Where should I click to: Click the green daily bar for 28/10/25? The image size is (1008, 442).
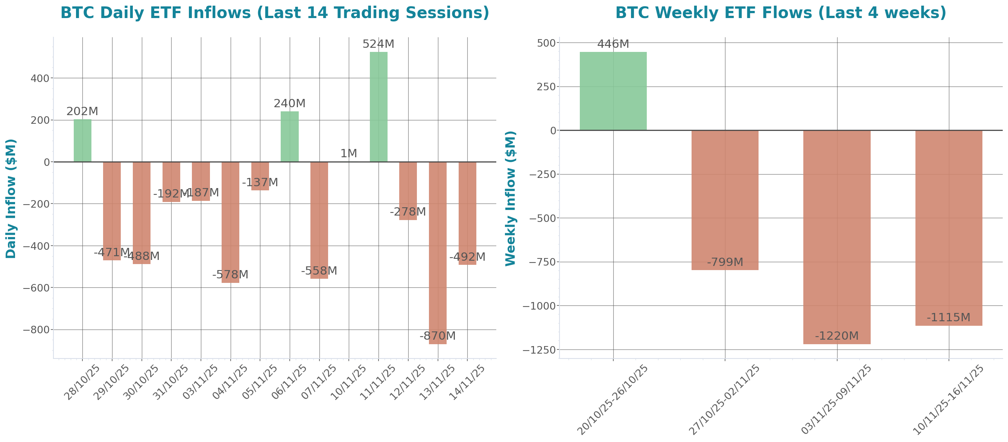point(82,140)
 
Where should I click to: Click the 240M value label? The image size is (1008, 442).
point(289,104)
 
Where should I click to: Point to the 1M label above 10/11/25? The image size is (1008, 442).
point(348,154)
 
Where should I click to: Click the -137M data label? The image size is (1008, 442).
point(260,183)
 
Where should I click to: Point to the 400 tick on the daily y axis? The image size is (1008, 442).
point(40,79)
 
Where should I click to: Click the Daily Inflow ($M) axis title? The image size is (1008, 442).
point(11,199)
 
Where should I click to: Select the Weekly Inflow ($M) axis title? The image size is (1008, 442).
point(511,199)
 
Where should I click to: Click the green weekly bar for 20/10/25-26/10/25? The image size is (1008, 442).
point(613,91)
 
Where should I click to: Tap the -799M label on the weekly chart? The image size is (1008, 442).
point(725,263)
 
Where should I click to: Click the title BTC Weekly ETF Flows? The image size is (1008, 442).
point(781,13)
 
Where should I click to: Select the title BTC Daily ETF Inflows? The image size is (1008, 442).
point(275,13)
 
